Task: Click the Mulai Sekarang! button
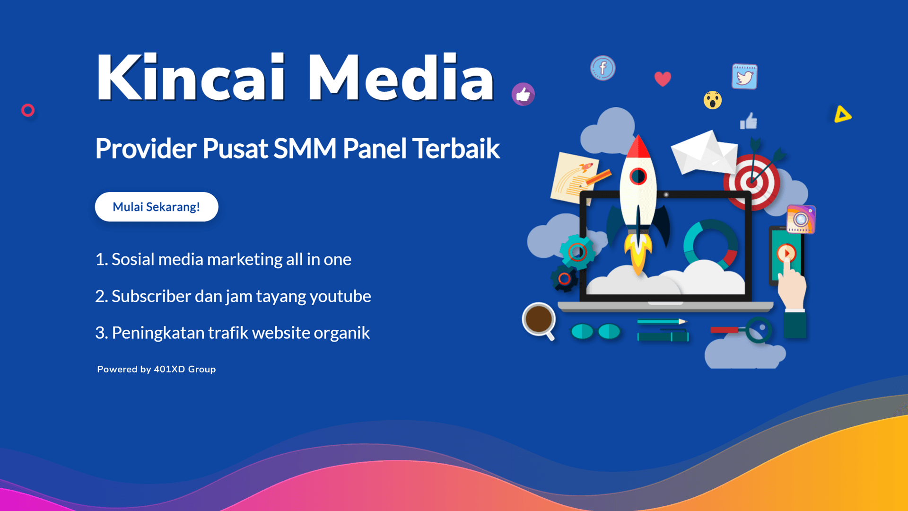156,207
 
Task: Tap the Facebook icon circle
602,68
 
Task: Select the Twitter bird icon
744,77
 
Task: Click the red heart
663,79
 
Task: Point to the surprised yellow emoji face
712,100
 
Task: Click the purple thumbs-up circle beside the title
523,94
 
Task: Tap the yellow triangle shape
842,115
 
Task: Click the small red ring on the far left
28,110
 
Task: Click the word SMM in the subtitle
305,149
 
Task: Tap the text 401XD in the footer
169,369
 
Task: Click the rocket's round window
638,176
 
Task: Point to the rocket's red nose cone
638,147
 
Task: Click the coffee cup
538,319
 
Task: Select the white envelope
704,152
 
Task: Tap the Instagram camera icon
801,219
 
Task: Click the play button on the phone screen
786,253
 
